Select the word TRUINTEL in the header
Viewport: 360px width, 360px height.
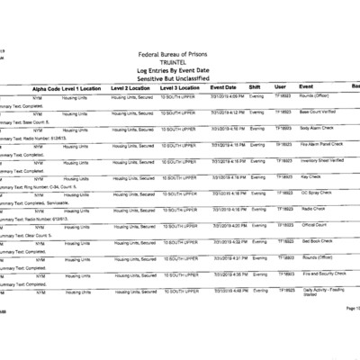[180, 63]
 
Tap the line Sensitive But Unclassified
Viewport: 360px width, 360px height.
[180, 79]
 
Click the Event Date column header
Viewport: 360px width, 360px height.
[223, 87]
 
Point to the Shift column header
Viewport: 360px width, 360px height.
[255, 87]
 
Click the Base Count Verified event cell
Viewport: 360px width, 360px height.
[319, 112]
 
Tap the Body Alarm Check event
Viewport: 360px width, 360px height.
[317, 129]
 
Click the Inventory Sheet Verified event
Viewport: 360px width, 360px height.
[321, 161]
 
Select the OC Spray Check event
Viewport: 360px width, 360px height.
[316, 193]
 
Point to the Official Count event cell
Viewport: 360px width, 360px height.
[314, 225]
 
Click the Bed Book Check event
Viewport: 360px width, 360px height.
[316, 241]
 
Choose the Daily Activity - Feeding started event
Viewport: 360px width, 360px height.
[322, 292]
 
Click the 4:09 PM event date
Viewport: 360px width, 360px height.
[228, 96]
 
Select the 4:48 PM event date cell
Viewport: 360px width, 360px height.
[228, 290]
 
